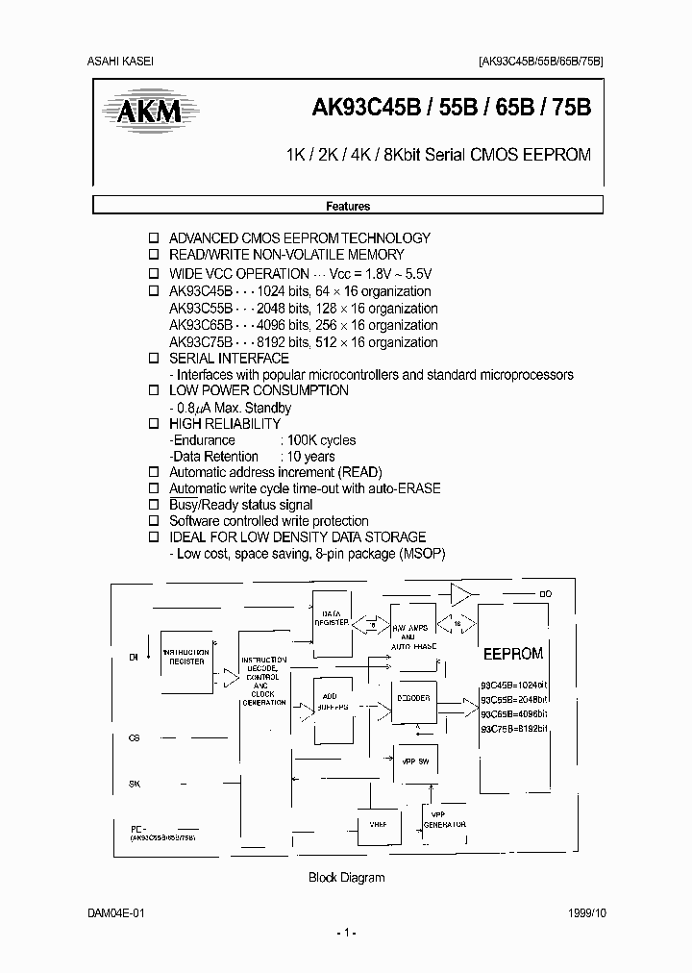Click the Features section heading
coord(347,206)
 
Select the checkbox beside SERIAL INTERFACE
coord(154,359)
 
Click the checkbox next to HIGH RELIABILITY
coord(154,424)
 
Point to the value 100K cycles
coord(318,440)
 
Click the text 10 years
coord(311,457)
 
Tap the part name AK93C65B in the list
coord(201,326)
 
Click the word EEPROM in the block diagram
coord(512,654)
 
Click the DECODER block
coord(412,698)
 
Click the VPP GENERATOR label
coord(446,820)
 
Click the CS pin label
coord(134,738)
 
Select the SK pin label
coord(134,785)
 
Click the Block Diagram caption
coord(346,877)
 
